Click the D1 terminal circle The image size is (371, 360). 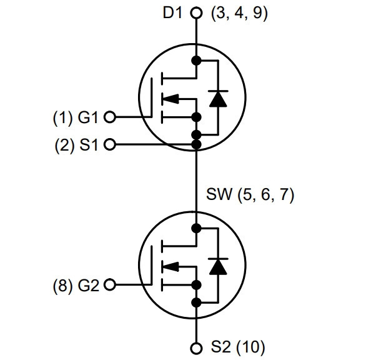(x=196, y=12)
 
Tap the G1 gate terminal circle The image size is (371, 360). (x=110, y=117)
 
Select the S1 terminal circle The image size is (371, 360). (x=110, y=144)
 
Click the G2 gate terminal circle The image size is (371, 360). (x=110, y=284)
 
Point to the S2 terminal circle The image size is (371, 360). (x=196, y=348)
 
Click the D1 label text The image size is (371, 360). (x=173, y=12)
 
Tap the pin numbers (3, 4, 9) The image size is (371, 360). (x=239, y=13)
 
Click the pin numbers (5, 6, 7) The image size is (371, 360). (x=265, y=195)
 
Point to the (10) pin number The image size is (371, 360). (x=250, y=347)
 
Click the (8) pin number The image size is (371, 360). (x=62, y=286)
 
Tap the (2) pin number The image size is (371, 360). (x=64, y=145)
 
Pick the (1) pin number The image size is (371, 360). (x=62, y=118)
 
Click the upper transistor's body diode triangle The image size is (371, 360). (x=218, y=99)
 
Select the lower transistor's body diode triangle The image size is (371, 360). (x=218, y=267)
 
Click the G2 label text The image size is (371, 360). (x=88, y=285)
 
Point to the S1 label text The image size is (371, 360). (x=89, y=145)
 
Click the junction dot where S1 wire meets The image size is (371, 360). (x=196, y=144)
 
